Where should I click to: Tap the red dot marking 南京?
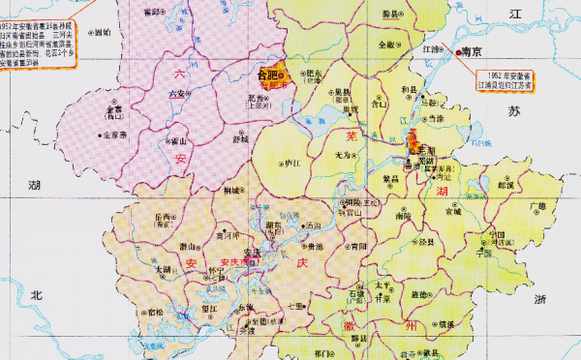click(x=457, y=54)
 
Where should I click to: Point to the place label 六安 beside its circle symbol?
click(x=176, y=94)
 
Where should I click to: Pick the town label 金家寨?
click(x=115, y=136)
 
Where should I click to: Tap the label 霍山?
click(x=178, y=139)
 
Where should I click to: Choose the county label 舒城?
click(x=240, y=137)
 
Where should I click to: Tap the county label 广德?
click(x=538, y=206)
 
